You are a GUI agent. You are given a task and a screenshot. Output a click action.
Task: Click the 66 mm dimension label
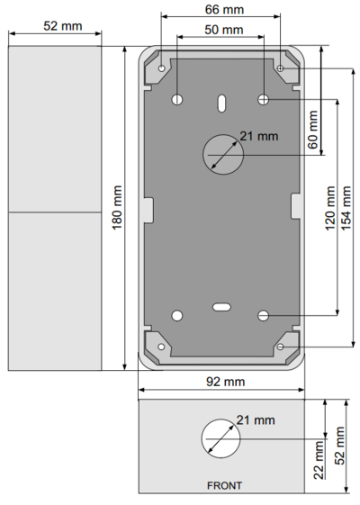tap(224, 10)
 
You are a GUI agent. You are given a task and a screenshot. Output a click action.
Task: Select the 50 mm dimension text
tap(224, 30)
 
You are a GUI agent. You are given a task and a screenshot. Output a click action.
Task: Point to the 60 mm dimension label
tap(313, 130)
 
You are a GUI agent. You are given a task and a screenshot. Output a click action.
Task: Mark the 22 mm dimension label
tap(319, 460)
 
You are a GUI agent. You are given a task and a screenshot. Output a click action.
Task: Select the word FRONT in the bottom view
tap(224, 485)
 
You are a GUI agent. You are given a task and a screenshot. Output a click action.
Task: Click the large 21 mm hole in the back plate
tap(222, 154)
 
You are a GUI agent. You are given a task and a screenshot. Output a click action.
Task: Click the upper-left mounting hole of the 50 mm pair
tap(177, 98)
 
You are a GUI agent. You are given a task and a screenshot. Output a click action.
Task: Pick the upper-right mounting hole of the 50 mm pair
tap(264, 98)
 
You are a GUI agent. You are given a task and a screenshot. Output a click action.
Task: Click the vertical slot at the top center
tap(220, 104)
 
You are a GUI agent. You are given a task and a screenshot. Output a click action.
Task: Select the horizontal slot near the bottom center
tap(220, 307)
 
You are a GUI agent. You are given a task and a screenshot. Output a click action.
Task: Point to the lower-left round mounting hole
tap(177, 315)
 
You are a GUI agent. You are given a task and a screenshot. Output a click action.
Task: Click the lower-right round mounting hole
tap(264, 315)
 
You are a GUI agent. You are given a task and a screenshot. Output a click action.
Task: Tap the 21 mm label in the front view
tap(256, 419)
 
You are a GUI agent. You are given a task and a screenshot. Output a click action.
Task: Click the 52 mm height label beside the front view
tap(340, 447)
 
